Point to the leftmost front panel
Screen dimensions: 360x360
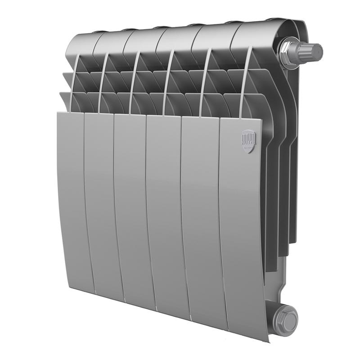(73, 198)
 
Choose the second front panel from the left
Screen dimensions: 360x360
(101, 202)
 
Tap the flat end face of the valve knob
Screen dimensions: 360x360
(319, 51)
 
